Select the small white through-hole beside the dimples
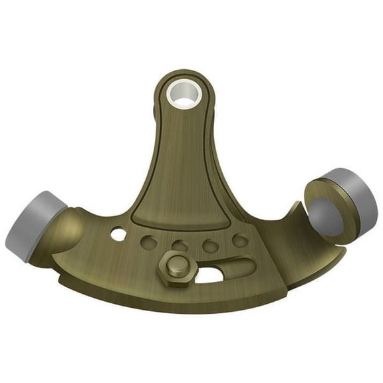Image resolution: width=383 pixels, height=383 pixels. (x=118, y=234)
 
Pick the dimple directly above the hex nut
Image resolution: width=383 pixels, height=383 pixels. (x=180, y=246)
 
